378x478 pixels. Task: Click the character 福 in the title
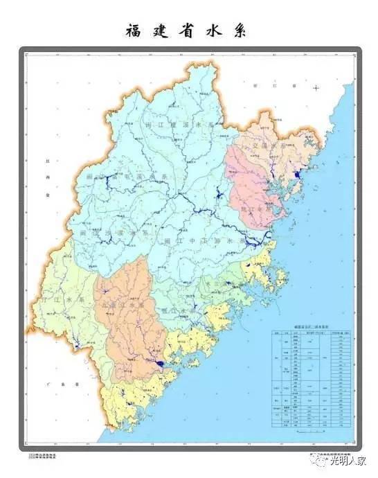(134, 31)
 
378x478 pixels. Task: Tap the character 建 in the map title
(161, 31)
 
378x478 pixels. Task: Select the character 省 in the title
(187, 31)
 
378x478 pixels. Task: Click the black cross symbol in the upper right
(316, 88)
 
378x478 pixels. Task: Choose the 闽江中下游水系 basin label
(198, 239)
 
